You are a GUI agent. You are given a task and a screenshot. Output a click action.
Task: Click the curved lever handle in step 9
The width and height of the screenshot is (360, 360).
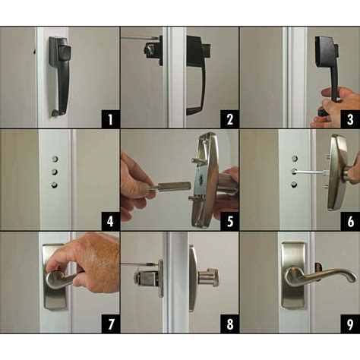323,275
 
